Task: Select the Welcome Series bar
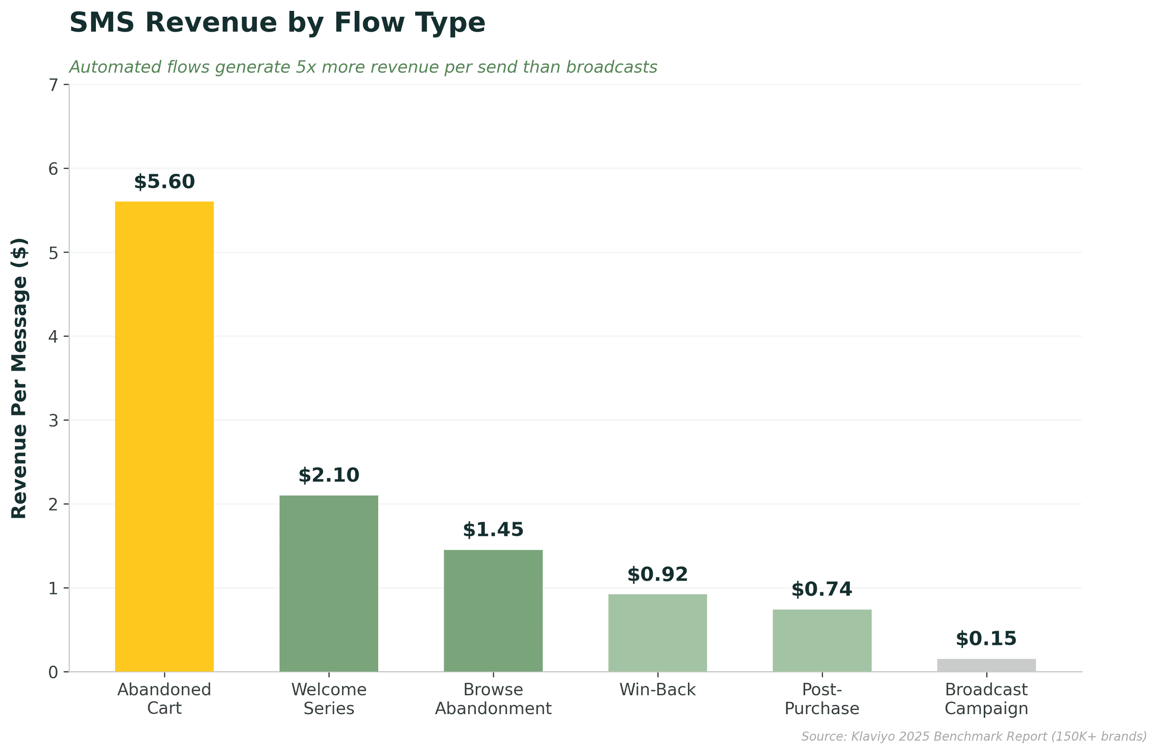[x=329, y=584]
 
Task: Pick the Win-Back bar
[x=657, y=633]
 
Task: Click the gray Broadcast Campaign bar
[x=986, y=665]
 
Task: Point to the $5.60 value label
[x=165, y=181]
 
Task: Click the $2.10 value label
[x=329, y=475]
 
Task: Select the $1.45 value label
[x=493, y=529]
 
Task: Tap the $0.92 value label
[x=657, y=574]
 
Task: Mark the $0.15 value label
[x=986, y=639]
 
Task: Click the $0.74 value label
[x=822, y=589]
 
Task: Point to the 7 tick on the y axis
[x=53, y=85]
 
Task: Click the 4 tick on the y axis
[x=53, y=336]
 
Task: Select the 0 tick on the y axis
[x=53, y=672]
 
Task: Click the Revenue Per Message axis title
[x=19, y=378]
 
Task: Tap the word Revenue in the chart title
[x=212, y=23]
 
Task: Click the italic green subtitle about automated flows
[x=363, y=67]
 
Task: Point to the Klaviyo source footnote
[x=973, y=736]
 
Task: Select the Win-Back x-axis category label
[x=657, y=690]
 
